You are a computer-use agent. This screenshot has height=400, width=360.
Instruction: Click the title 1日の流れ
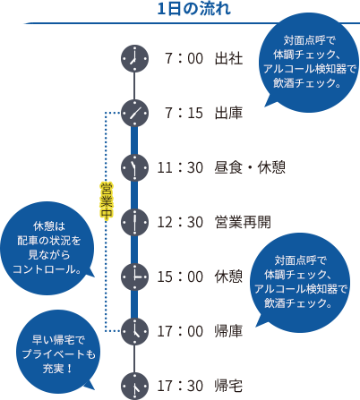coord(193,9)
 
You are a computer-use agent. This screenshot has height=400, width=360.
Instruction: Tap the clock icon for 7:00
coord(134,59)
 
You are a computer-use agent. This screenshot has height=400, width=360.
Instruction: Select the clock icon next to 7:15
coord(134,113)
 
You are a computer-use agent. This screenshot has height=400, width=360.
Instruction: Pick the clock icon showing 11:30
coord(134,166)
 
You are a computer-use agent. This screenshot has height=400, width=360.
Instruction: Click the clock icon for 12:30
coord(134,221)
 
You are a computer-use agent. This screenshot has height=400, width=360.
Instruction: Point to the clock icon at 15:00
coord(134,276)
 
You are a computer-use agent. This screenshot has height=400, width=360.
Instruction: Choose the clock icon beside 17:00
coord(134,330)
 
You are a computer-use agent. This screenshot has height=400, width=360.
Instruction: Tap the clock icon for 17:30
coord(134,385)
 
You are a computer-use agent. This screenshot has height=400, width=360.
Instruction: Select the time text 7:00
coord(182,60)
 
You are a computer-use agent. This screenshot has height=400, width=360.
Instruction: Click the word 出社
coord(228,60)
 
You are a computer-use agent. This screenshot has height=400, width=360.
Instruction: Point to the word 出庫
coord(228,114)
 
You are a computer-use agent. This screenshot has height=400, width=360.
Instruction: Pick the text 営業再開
coord(242,222)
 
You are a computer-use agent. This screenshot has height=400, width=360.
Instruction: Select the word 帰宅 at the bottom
coord(228,386)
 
